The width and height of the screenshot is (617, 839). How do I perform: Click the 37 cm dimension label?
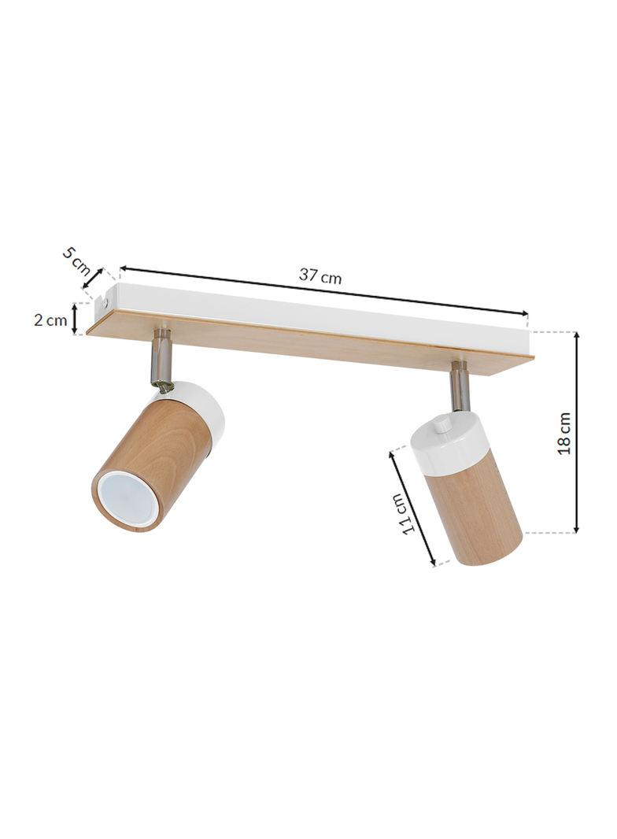(320, 276)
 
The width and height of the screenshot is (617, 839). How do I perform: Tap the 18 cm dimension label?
(564, 434)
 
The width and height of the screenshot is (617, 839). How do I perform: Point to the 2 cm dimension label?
(50, 320)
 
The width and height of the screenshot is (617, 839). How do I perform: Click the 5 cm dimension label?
(77, 260)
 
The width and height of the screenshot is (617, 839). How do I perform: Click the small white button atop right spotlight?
(442, 425)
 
